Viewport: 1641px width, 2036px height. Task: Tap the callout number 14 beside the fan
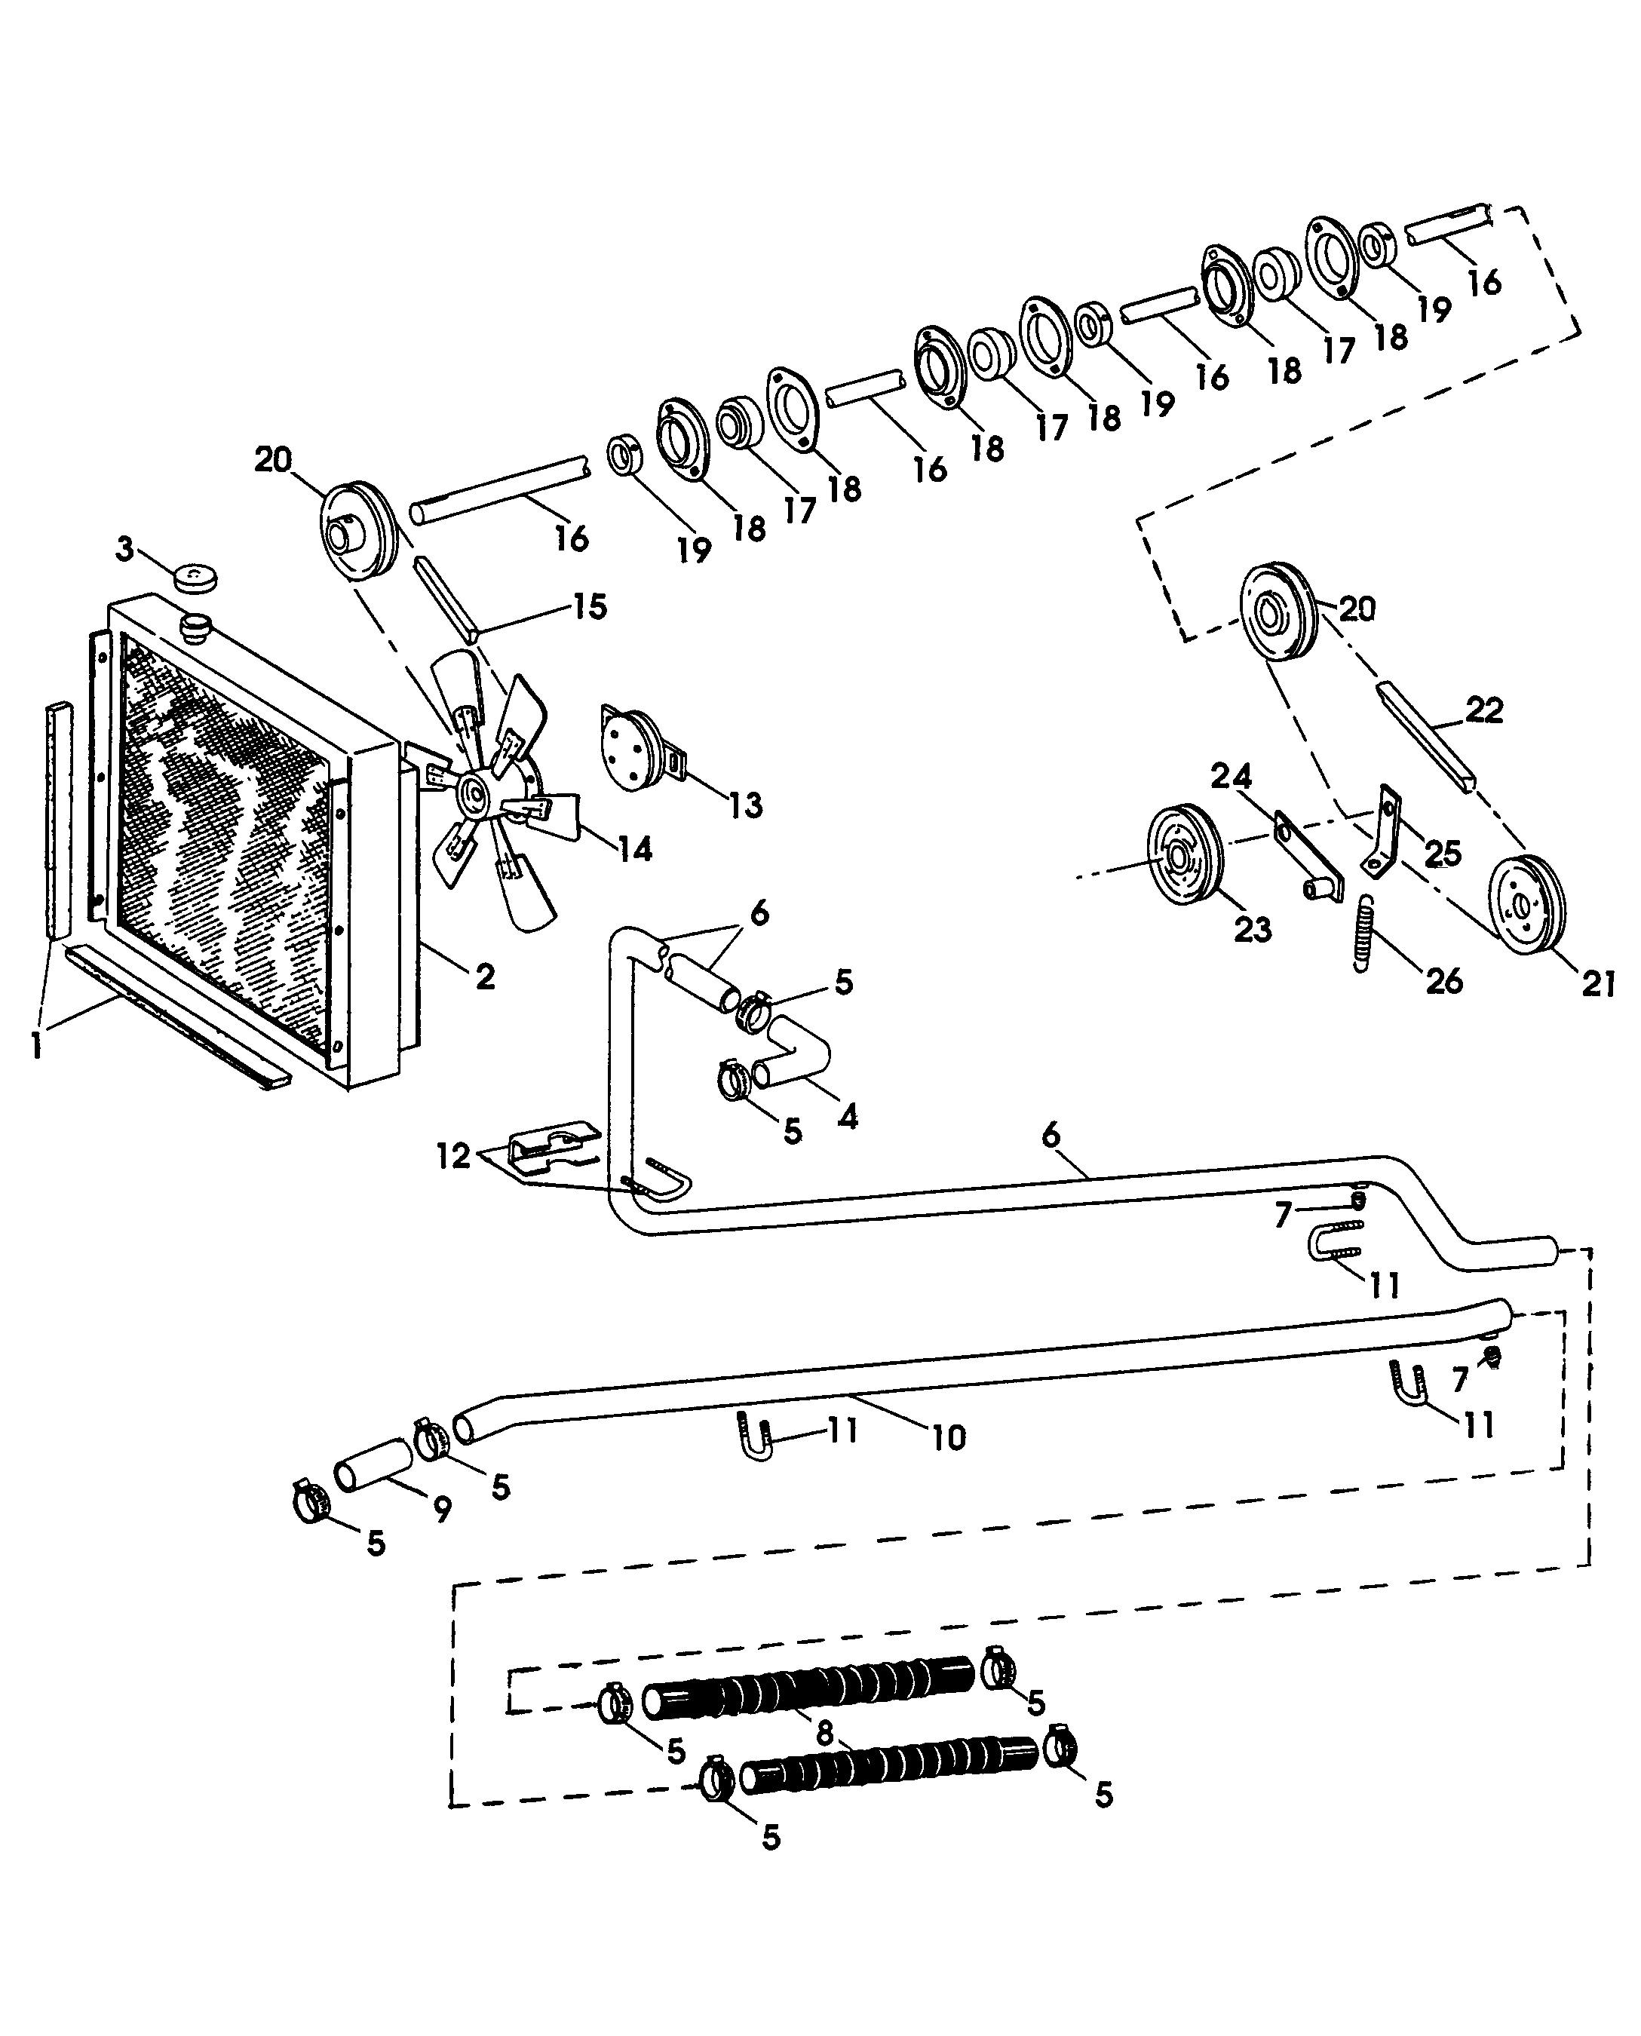click(634, 849)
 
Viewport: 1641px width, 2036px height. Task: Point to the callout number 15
click(590, 607)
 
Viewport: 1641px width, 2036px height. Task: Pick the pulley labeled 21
click(1526, 905)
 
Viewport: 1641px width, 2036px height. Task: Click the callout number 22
click(1484, 709)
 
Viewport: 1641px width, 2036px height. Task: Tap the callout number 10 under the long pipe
click(949, 1438)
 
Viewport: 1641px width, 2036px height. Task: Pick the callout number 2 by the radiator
click(485, 977)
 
